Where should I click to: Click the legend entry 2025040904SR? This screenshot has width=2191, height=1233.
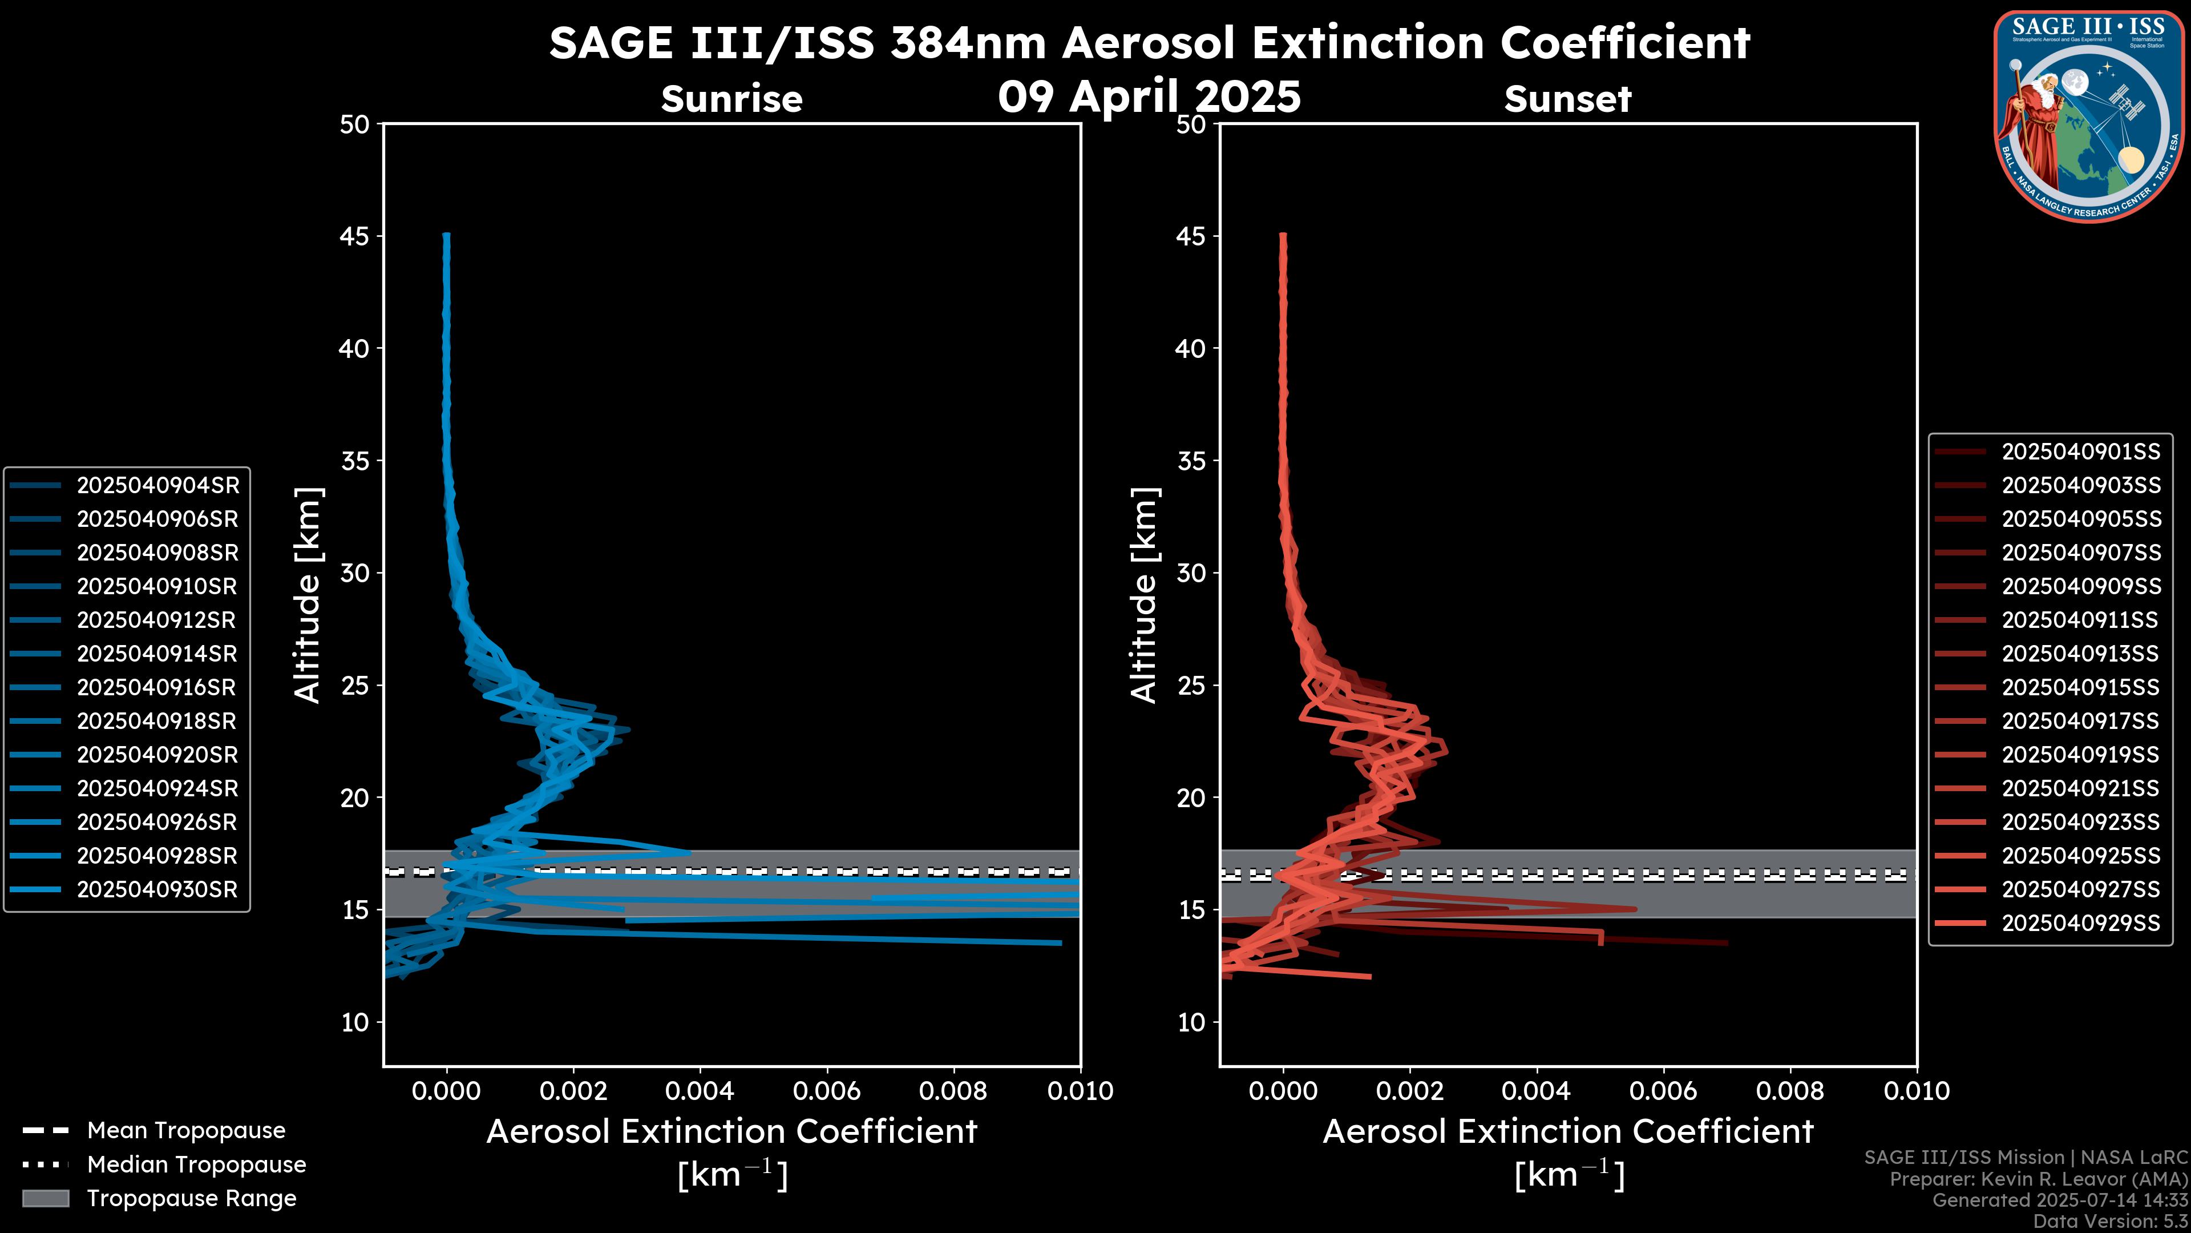coord(157,485)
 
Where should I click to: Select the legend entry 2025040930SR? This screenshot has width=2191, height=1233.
coord(157,889)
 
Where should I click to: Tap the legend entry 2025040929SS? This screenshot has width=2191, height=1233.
coord(2080,923)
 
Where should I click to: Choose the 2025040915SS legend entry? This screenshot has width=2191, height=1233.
coord(2080,687)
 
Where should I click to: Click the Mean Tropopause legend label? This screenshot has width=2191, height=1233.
coord(186,1130)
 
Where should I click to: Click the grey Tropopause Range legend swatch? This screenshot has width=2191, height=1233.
coord(45,1198)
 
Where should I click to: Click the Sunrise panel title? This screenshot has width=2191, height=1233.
coord(731,99)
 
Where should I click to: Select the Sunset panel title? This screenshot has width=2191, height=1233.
coord(1567,99)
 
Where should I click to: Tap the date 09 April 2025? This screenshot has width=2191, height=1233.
coord(1149,96)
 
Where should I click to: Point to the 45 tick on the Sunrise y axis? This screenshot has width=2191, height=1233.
coord(355,236)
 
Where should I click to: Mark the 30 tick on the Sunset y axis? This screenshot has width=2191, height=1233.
coord(1191,573)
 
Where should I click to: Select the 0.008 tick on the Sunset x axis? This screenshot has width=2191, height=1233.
coord(1790,1091)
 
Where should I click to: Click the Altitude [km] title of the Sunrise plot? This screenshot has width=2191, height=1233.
coord(307,595)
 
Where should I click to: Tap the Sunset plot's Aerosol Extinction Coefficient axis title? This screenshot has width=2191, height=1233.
coord(1567,1132)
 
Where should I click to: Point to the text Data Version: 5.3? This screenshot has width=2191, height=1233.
coord(2109,1221)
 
